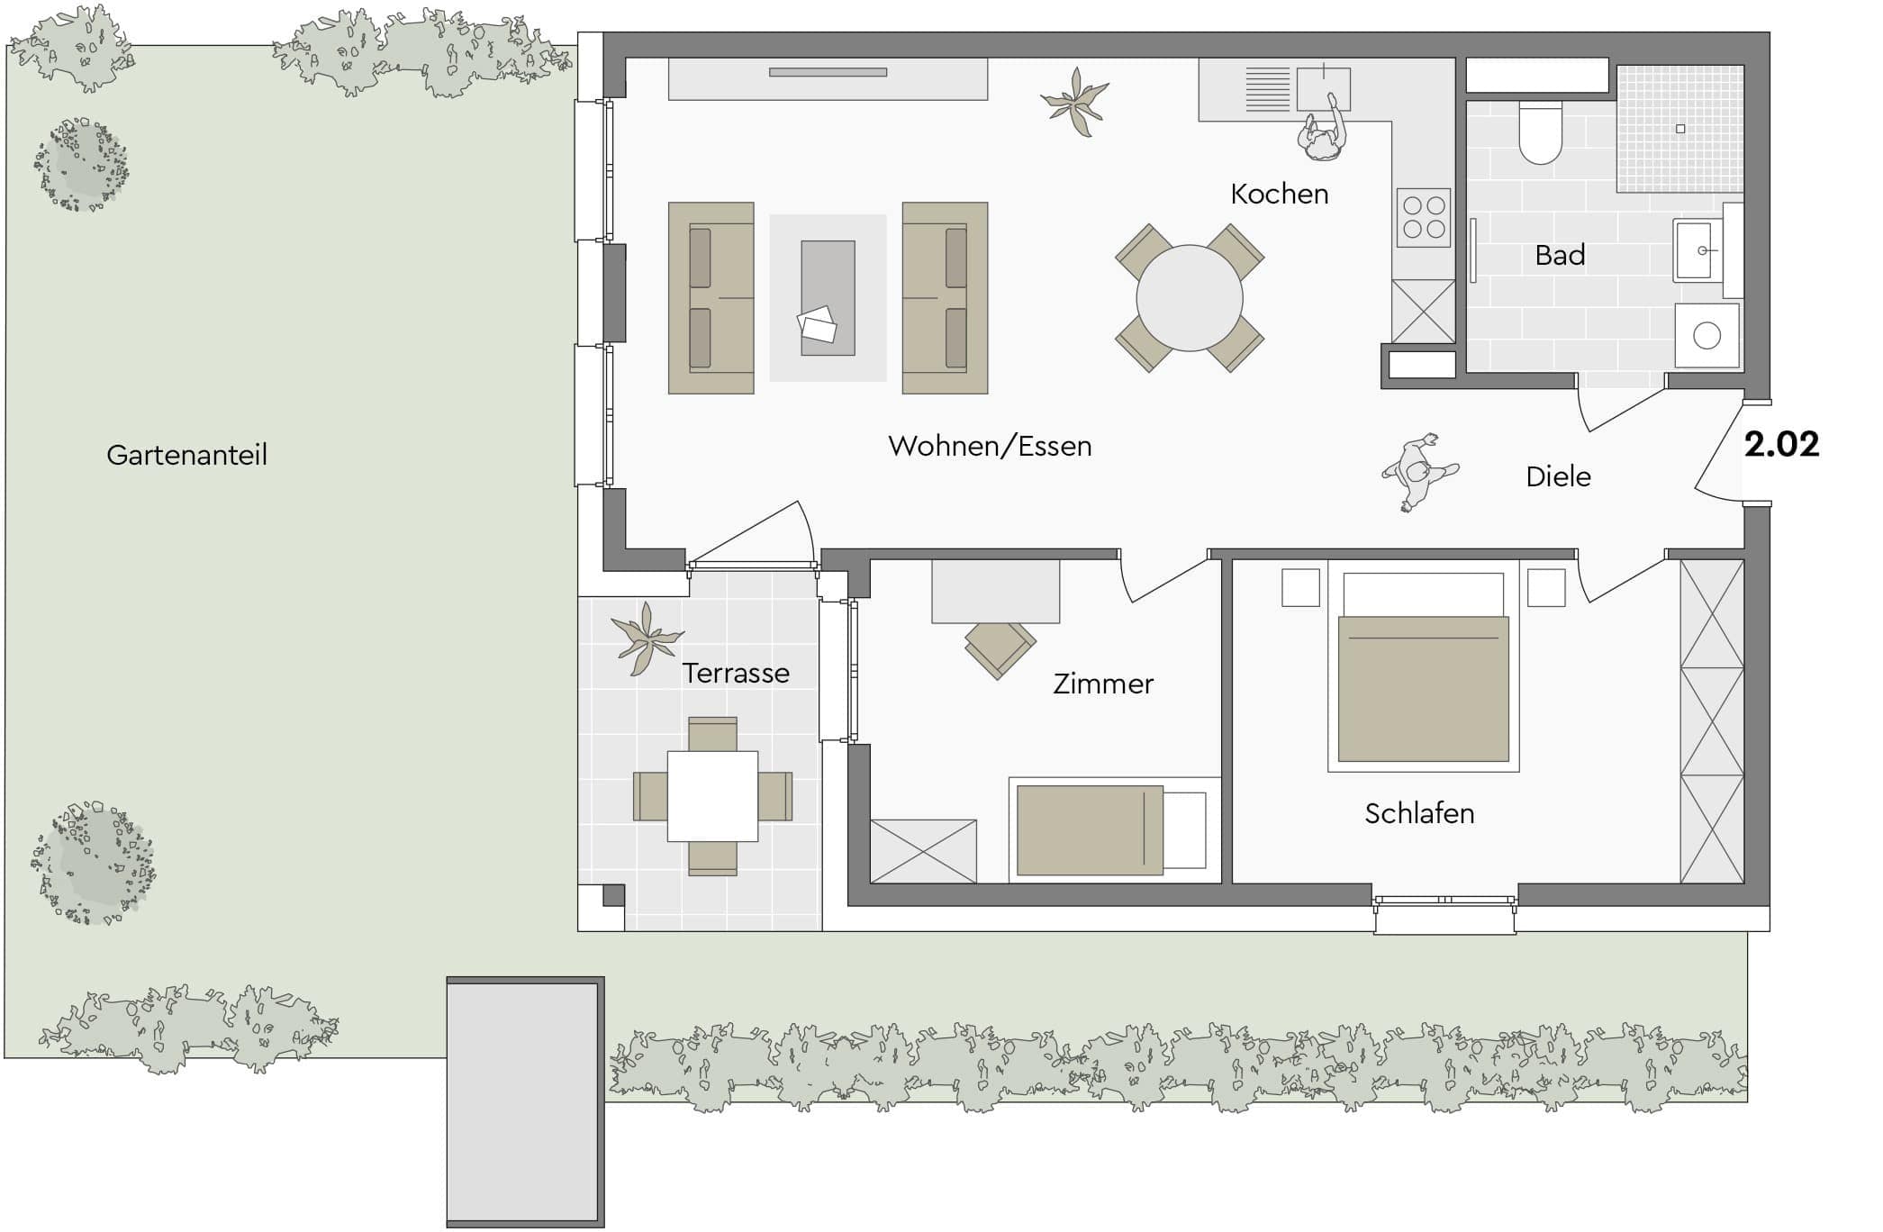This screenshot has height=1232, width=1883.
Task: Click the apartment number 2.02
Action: coord(1781,444)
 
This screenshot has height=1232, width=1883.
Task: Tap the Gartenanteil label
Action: coord(186,455)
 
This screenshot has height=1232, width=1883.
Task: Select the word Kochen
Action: coord(1279,194)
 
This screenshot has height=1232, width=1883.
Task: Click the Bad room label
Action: coord(1560,256)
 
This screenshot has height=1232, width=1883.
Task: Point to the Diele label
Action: coord(1558,476)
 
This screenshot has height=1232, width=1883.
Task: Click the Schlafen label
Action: coord(1419,813)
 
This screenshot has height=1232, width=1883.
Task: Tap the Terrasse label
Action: coord(736,673)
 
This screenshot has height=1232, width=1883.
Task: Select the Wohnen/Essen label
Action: coord(990,446)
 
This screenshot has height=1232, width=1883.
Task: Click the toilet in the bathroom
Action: coord(1540,132)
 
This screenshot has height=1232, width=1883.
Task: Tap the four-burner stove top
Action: coord(1424,217)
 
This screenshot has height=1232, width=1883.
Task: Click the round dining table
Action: coord(1190,298)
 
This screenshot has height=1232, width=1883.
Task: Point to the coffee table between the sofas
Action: coord(828,297)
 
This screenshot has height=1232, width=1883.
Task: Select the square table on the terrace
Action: coord(712,796)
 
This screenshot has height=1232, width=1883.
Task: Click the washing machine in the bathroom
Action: coord(1706,335)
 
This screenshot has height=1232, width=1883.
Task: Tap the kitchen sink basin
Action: coord(1323,89)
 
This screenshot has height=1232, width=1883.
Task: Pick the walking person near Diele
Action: coord(1419,472)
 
